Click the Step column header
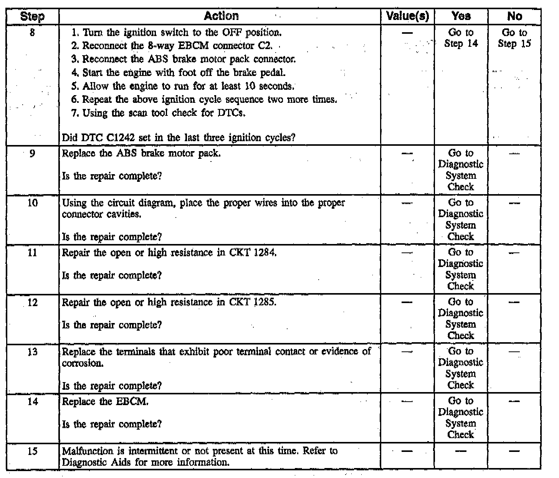(32, 16)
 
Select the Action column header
(221, 16)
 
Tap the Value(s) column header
(407, 16)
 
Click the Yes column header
(461, 16)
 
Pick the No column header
(514, 16)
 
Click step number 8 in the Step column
(32, 33)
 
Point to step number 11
(33, 252)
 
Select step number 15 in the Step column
(33, 451)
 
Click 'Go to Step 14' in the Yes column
(461, 38)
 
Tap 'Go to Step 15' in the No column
(514, 38)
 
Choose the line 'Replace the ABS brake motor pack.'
(141, 153)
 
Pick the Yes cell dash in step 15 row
(461, 451)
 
